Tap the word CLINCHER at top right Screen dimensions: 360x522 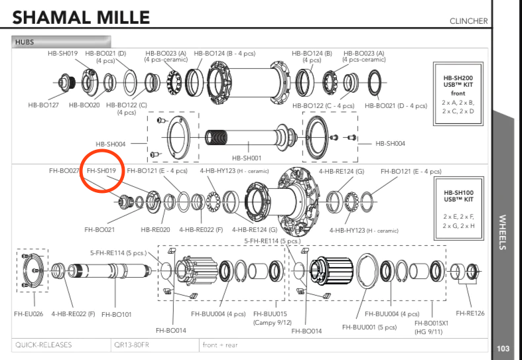point(468,21)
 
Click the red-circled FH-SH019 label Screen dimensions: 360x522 point(101,170)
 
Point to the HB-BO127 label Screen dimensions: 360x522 point(43,105)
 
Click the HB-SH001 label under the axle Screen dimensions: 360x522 point(246,158)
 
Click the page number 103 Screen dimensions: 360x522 point(503,349)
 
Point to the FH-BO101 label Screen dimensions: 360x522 point(117,313)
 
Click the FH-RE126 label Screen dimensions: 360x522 point(470,313)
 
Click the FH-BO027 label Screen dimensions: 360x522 point(64,170)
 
